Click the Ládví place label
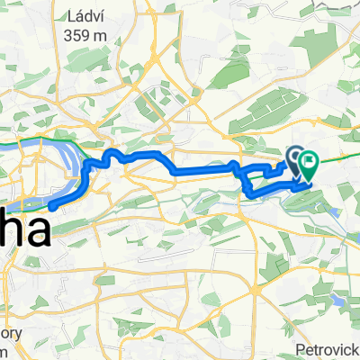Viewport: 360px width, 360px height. point(86,15)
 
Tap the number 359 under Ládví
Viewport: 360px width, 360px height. point(80,36)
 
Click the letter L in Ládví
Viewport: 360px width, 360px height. point(70,15)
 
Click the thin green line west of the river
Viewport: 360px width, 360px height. point(9,142)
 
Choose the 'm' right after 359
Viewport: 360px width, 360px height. point(103,36)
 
